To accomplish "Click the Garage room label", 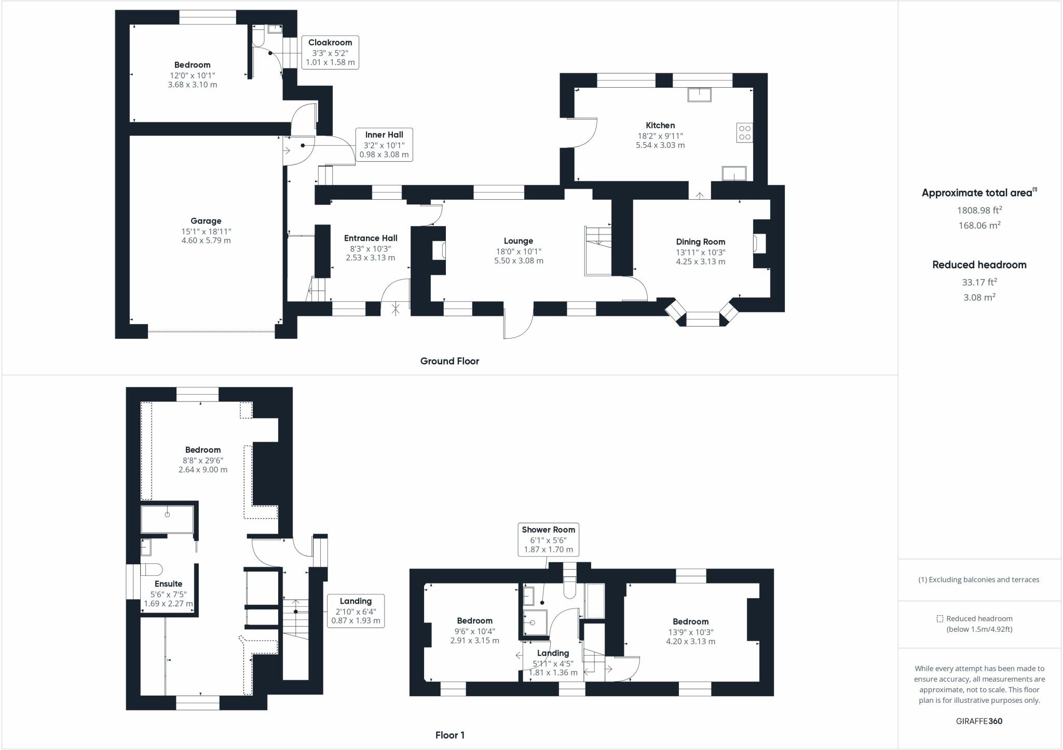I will [x=206, y=221].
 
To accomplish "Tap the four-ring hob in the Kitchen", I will [x=744, y=133].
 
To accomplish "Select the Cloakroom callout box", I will [x=330, y=52].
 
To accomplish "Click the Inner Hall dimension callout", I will [x=384, y=144].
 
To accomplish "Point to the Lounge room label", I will [x=518, y=241].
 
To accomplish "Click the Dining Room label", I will [x=700, y=242].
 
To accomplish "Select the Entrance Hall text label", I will [x=371, y=238].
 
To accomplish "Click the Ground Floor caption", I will [x=449, y=361].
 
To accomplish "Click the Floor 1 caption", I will [x=449, y=735].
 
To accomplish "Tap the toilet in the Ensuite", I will [x=151, y=570].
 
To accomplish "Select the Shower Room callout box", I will [x=548, y=539].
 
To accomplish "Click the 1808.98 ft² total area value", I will [x=979, y=210].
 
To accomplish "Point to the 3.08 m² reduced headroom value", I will [x=979, y=297].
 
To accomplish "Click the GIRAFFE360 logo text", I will [x=979, y=721].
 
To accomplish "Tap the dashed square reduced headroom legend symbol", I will [x=939, y=619].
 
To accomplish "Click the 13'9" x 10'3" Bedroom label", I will [x=690, y=621].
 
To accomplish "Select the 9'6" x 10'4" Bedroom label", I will [x=474, y=621].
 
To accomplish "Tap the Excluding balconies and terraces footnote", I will [x=979, y=580].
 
